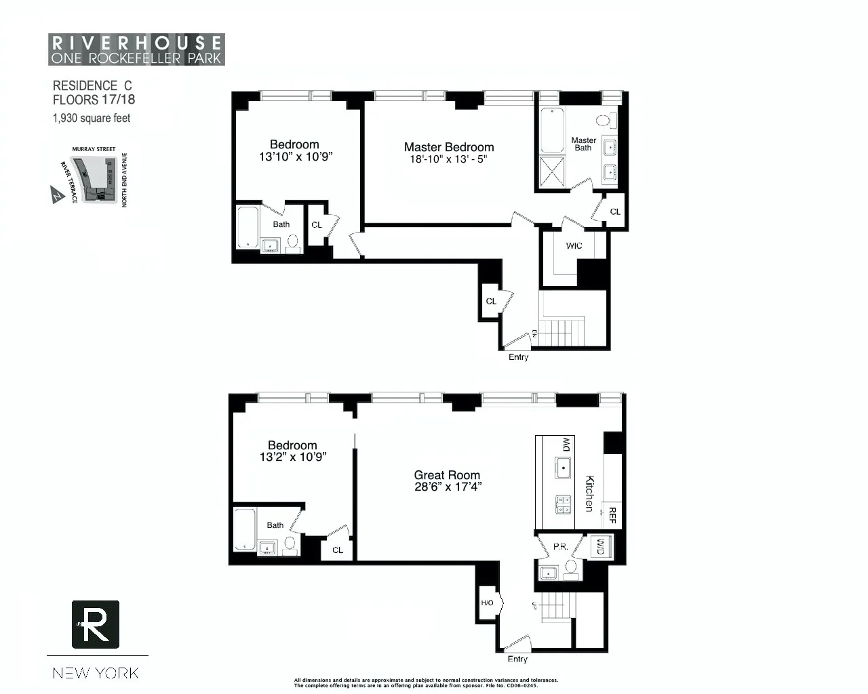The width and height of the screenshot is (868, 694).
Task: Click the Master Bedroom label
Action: point(449,147)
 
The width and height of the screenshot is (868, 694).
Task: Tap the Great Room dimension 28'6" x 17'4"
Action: point(448,487)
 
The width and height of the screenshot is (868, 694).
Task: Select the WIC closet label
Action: point(574,245)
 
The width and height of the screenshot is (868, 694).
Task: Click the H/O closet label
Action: point(487,603)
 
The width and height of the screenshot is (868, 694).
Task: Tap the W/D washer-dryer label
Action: point(600,546)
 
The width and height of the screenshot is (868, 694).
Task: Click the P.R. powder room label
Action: point(560,547)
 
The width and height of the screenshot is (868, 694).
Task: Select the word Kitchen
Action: point(590,493)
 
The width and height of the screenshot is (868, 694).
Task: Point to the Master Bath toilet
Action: point(604,121)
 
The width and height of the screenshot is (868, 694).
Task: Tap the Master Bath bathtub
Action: point(552,130)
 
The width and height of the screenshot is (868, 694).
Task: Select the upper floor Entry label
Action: point(518,357)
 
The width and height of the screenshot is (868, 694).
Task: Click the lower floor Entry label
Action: point(517,659)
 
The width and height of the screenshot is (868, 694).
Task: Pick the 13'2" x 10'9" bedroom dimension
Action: point(293,457)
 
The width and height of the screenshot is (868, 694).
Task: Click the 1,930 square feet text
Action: point(92,118)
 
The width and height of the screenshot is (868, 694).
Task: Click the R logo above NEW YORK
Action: point(96,624)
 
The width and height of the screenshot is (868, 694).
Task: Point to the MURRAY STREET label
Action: point(94,149)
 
